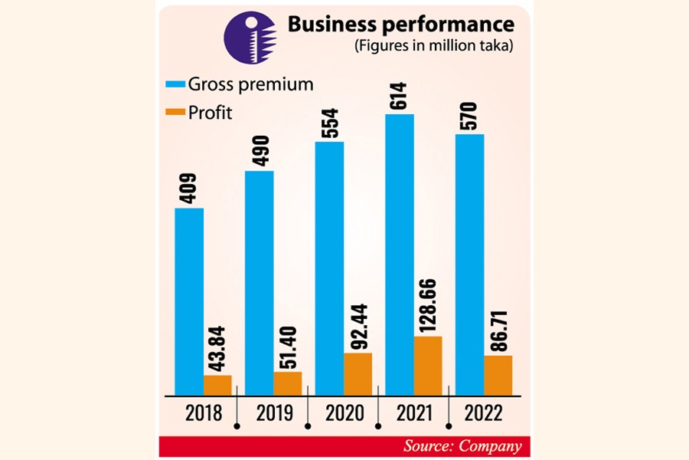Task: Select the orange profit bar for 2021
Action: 429,366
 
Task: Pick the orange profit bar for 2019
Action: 288,383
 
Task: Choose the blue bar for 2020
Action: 329,268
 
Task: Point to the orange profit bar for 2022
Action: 498,376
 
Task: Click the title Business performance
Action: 401,25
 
